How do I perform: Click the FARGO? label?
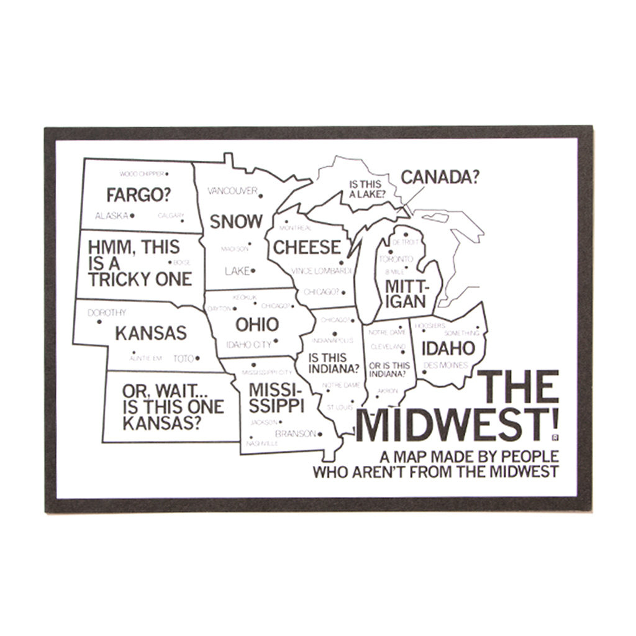coord(139,194)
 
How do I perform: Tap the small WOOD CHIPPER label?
coord(140,174)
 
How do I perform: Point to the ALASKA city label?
coord(111,216)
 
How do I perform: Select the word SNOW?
coord(235,221)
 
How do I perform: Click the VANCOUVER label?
coord(232,191)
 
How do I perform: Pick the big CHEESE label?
coord(307,247)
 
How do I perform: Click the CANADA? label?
coord(440,177)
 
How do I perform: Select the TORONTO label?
coord(396,258)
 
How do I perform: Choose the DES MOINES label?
coord(445,365)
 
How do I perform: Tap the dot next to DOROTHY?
coord(99,322)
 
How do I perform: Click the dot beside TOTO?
coord(198,358)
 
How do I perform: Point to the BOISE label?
coord(181,263)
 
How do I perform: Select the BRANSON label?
coord(296,434)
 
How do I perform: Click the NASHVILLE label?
coord(261,444)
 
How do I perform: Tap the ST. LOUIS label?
coord(340,407)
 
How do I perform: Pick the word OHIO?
coord(257,324)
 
